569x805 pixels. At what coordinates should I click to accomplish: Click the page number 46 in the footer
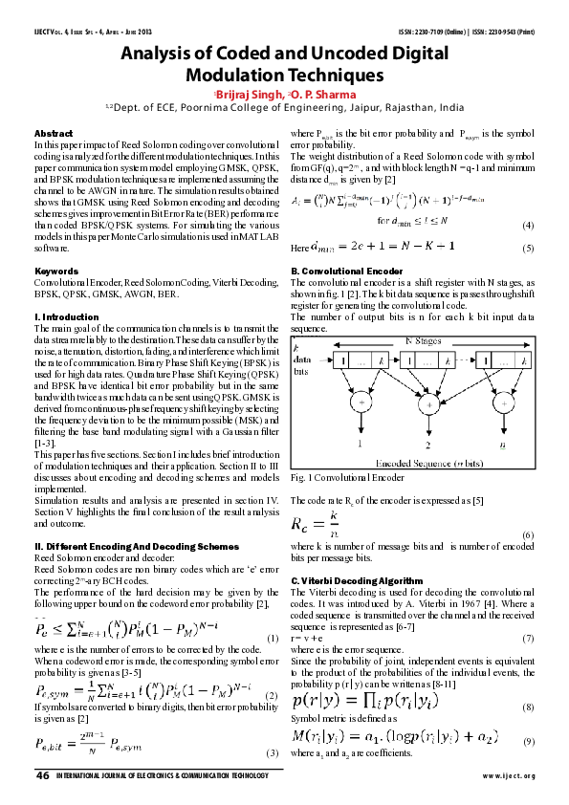click(x=43, y=774)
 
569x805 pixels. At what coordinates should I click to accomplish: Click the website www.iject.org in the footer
click(x=508, y=775)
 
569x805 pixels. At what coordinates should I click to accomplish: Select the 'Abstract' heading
click(x=54, y=134)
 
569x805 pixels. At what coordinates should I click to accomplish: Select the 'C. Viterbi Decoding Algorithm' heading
click(x=355, y=580)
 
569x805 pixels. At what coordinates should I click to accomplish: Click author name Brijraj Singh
click(x=251, y=95)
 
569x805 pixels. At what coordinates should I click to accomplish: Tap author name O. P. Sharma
click(x=328, y=95)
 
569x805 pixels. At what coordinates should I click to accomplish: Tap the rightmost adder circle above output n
click(x=504, y=404)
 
